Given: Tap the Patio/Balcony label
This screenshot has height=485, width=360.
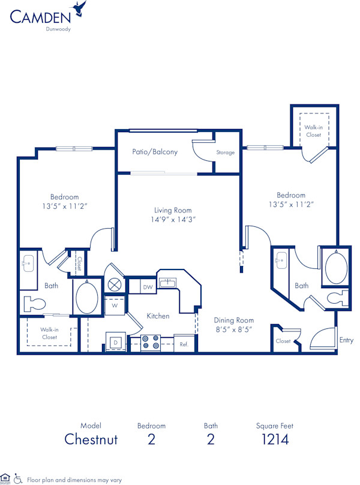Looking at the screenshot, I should coord(155,152).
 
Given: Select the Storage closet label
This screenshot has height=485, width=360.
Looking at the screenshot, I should coord(226,152).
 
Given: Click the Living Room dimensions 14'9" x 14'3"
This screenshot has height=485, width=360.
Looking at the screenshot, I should coord(173,220).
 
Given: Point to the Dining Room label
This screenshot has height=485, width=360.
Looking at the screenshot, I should coord(233,321).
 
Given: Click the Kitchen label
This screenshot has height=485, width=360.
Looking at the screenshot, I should coord(158,316).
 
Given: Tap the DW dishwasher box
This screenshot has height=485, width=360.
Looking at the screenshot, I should coord(148,288).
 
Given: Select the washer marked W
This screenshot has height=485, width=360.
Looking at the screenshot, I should coord(114,304).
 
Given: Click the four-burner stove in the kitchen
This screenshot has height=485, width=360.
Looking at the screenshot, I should coord(150,343).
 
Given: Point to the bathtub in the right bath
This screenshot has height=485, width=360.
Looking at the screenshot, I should coord(334,268).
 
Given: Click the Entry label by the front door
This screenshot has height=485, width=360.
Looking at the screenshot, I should coord(346,340).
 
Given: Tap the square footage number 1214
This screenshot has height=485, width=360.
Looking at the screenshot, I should coord(274,439).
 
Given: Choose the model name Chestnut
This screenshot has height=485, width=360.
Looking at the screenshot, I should coord(91,439).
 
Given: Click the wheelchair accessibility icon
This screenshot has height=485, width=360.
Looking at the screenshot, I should coord(18,480).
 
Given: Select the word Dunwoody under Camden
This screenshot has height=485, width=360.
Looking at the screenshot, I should coord(59,28).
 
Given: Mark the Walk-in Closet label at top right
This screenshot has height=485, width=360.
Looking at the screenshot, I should coord(313,131).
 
